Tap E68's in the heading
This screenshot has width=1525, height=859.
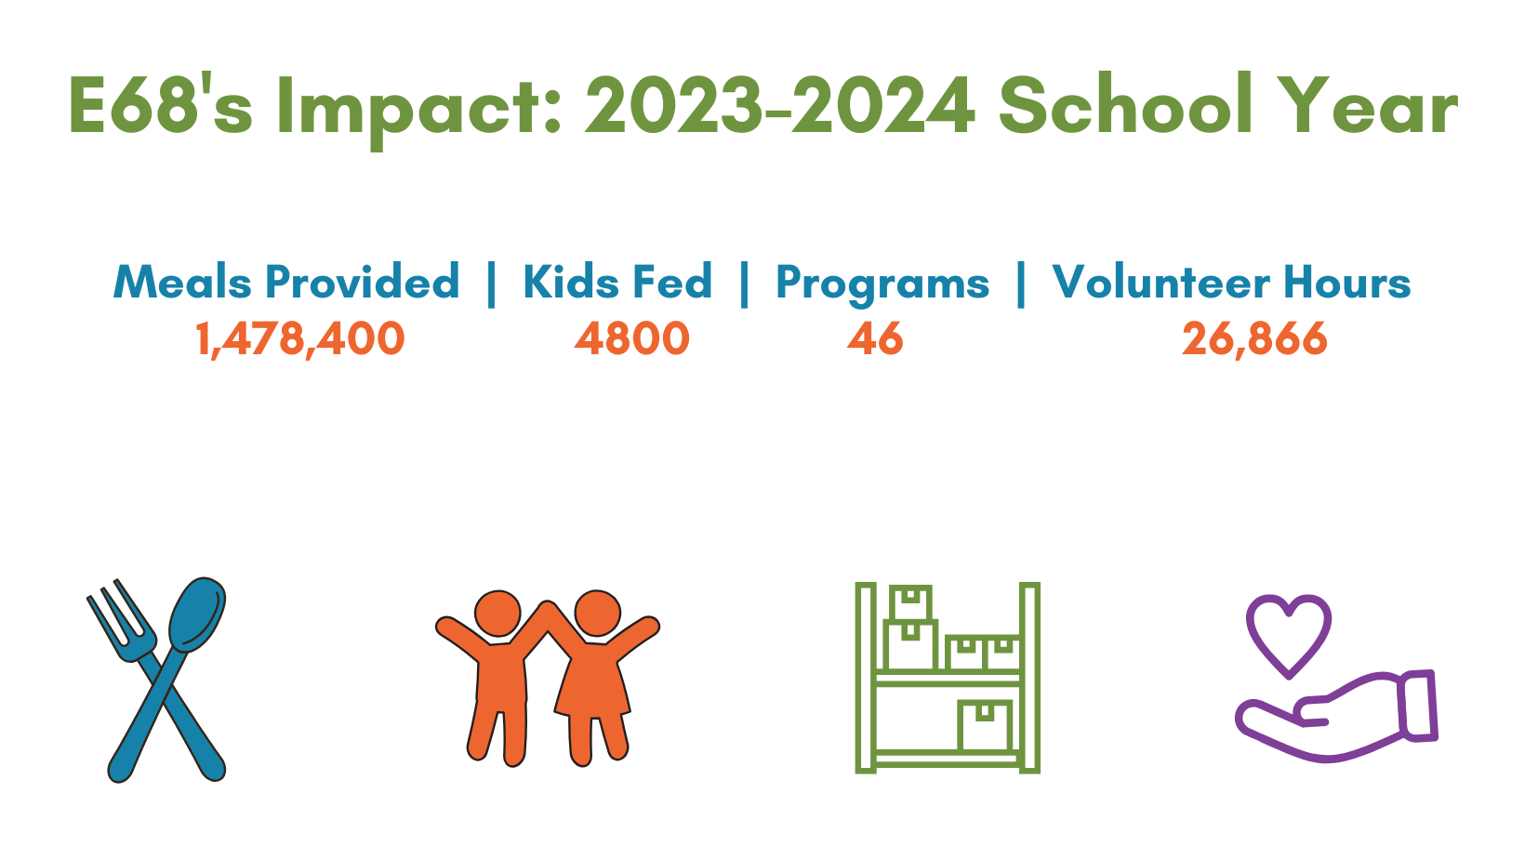[161, 104]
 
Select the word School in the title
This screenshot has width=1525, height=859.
[1126, 103]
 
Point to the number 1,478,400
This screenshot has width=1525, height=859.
[300, 339]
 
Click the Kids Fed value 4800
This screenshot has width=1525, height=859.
[631, 338]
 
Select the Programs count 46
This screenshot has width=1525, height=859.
[875, 338]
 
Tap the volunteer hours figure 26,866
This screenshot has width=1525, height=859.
[1254, 339]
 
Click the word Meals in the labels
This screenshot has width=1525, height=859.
[182, 281]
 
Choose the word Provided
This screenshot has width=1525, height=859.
[363, 282]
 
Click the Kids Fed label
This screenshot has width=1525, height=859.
[617, 281]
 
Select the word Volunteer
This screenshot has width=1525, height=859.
[1160, 281]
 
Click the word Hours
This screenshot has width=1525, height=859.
[1347, 281]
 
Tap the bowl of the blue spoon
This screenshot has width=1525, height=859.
[197, 615]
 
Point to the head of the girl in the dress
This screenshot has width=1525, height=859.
[597, 614]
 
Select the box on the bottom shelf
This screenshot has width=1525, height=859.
[985, 725]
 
